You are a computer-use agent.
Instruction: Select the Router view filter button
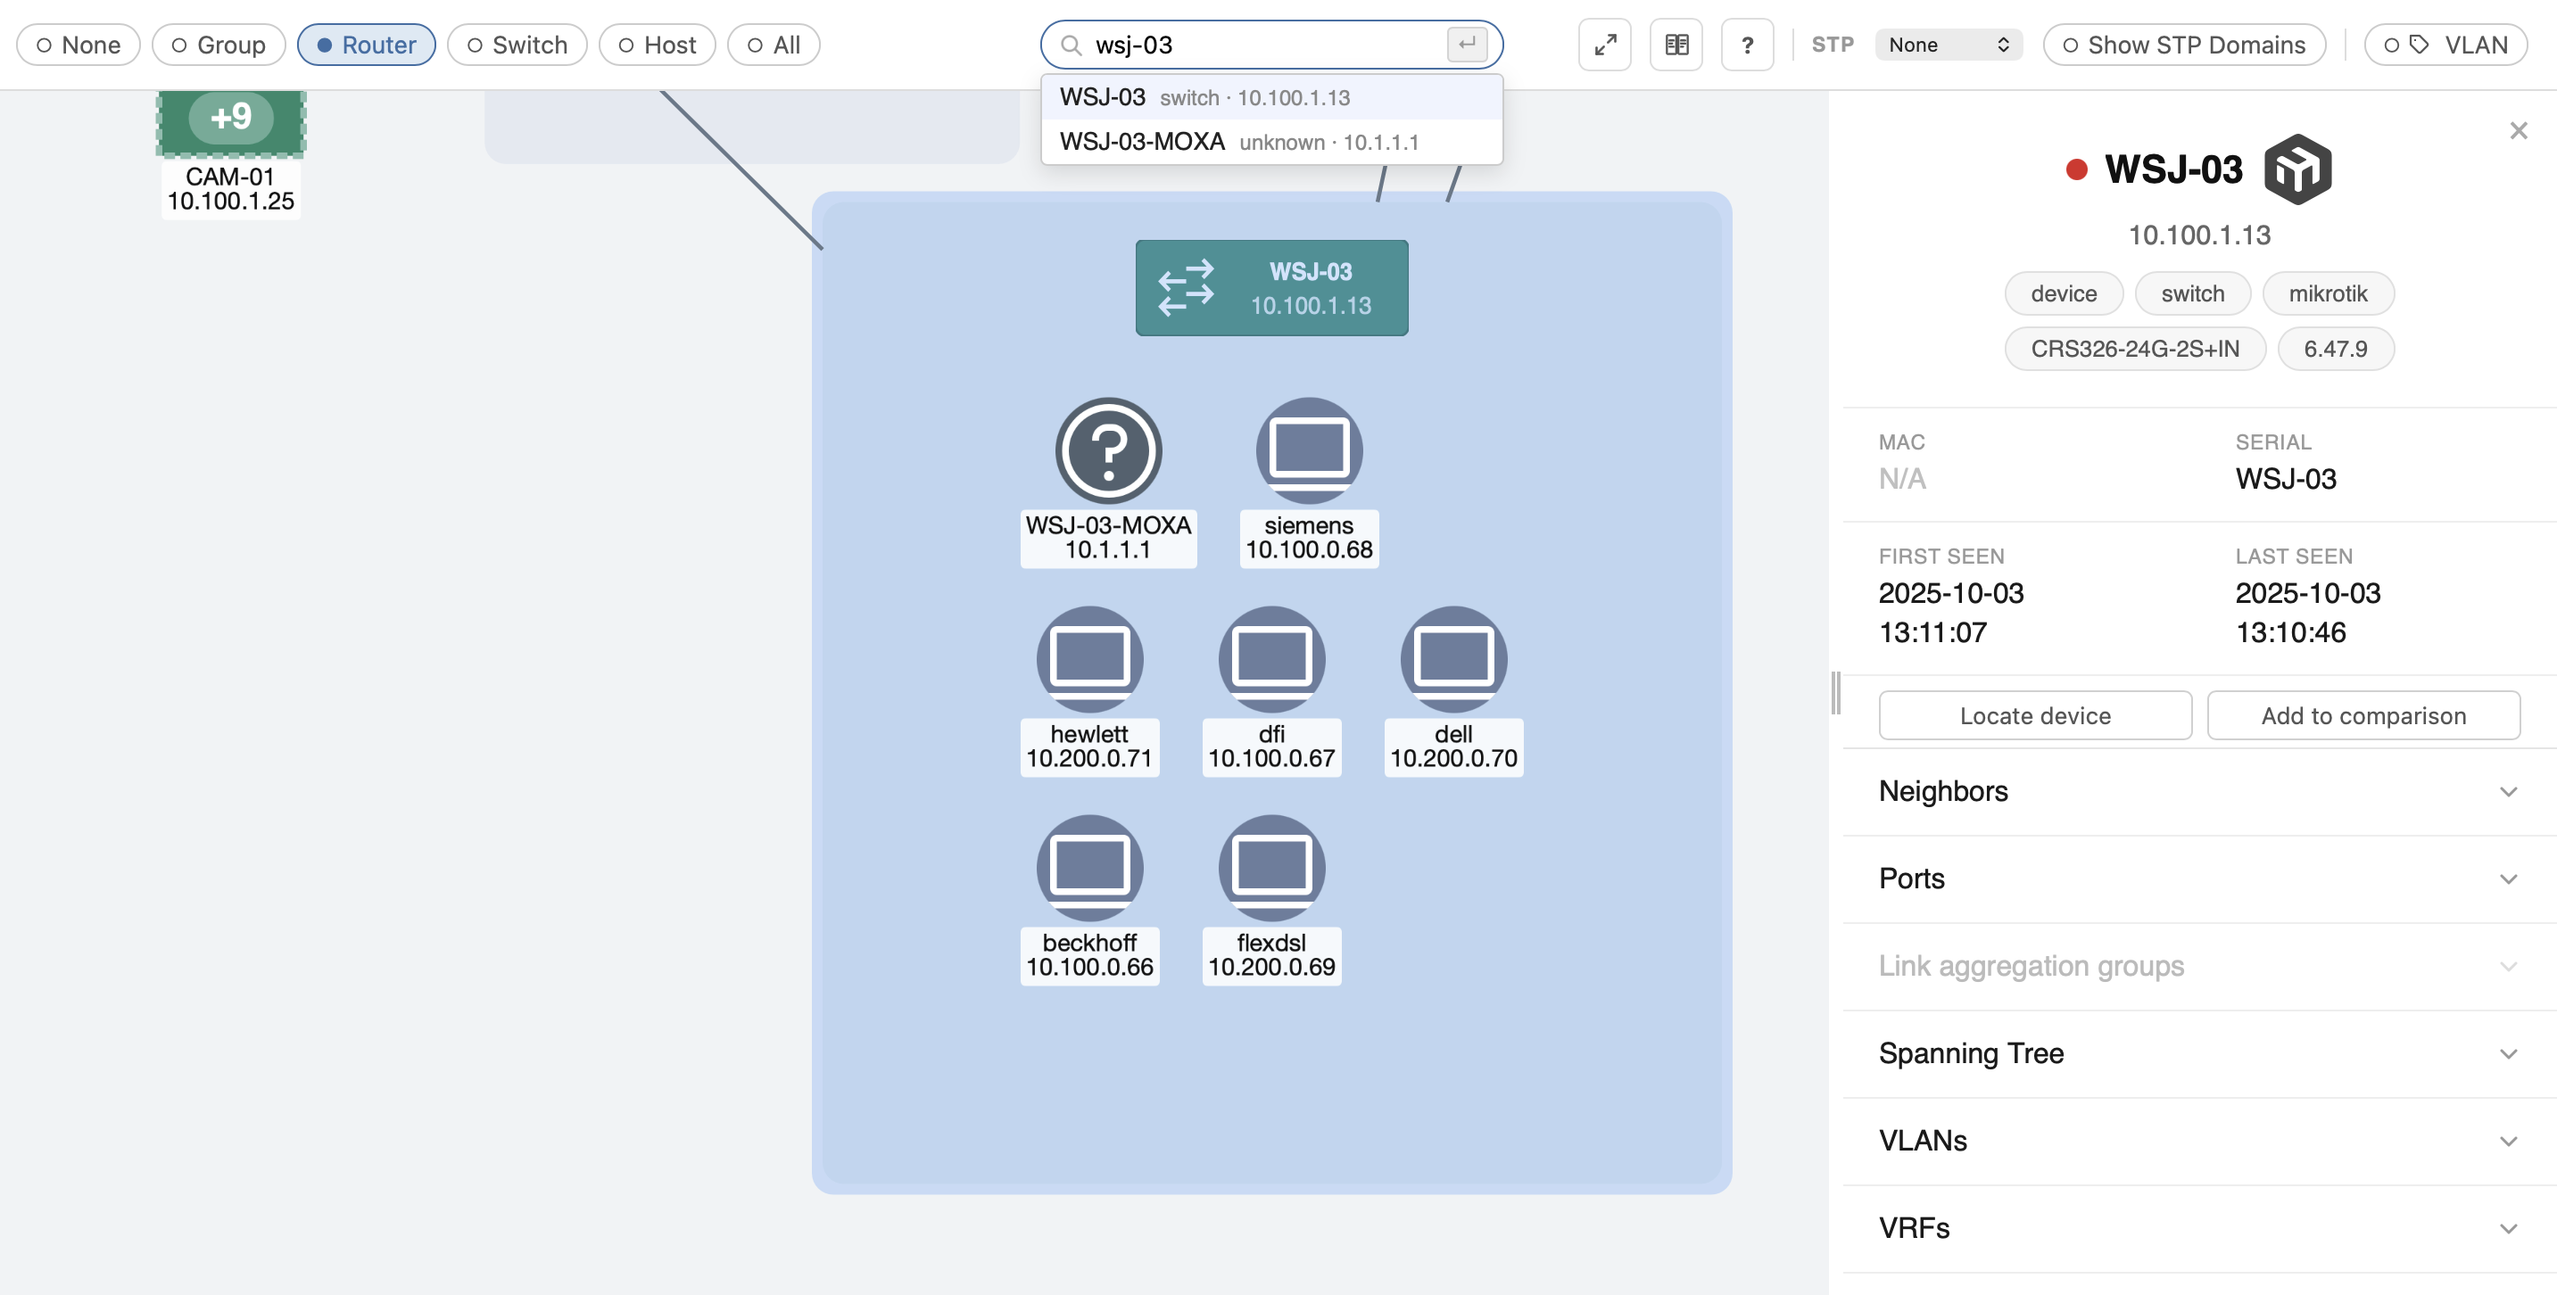367,45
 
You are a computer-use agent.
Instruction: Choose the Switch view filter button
517,45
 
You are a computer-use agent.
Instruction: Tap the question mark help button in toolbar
1747,45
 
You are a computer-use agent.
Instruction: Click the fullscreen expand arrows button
1605,45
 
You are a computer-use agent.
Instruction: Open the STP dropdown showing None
1949,45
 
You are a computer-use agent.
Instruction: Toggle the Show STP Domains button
2184,45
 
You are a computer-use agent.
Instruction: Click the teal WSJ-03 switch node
1271,288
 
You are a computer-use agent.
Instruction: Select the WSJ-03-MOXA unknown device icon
1108,450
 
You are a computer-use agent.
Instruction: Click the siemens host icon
1309,450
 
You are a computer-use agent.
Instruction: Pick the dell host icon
1453,659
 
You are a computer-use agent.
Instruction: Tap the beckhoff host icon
1090,867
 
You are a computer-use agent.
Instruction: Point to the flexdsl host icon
1271,867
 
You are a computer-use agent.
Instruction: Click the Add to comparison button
2363,715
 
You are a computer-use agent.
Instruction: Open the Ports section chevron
2508,879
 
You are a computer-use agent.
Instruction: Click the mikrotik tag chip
2328,293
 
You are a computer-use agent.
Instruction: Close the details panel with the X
2519,130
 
